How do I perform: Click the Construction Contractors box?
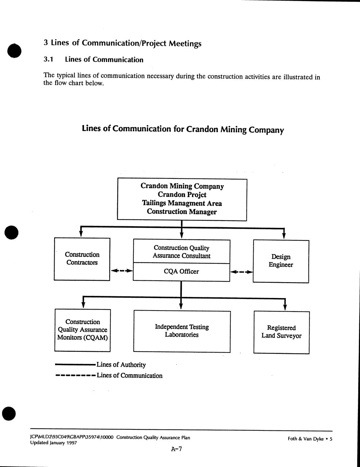[x=82, y=259]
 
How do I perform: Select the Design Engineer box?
[x=281, y=261]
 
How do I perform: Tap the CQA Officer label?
[x=181, y=272]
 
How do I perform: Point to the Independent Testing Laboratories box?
[x=182, y=331]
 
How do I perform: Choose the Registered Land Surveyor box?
[x=281, y=332]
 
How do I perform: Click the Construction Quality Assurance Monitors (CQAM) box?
[x=83, y=330]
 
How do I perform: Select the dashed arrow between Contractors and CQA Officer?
[x=122, y=271]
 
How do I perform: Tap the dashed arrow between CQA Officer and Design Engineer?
[x=241, y=272]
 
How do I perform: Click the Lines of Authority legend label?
[x=121, y=365]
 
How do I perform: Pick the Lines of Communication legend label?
[x=129, y=376]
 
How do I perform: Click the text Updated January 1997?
[x=54, y=443]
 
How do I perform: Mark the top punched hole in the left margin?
[x=14, y=50]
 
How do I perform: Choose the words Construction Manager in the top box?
[x=182, y=212]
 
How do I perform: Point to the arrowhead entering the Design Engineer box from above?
[x=284, y=236]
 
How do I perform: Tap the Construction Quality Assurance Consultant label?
[x=182, y=252]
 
